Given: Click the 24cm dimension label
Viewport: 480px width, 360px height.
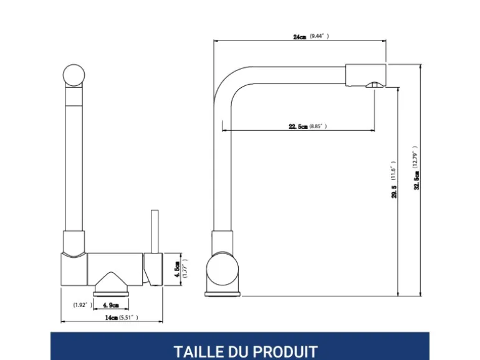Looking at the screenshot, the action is pos(299,37).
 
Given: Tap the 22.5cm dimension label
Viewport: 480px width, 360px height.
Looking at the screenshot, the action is pos(298,126).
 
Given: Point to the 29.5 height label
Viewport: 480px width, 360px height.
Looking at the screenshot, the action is pos(394,192).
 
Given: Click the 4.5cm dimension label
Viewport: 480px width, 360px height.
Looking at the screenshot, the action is pos(177,270).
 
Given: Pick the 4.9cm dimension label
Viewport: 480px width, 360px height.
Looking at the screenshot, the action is pos(111,305).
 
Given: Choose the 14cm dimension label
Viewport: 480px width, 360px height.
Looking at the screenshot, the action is pos(112,318).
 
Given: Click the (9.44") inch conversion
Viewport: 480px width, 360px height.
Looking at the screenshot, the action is pos(319,36).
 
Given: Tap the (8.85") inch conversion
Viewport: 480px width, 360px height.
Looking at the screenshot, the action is pos(318,126).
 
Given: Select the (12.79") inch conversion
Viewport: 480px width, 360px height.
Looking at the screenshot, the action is pos(415,157).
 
